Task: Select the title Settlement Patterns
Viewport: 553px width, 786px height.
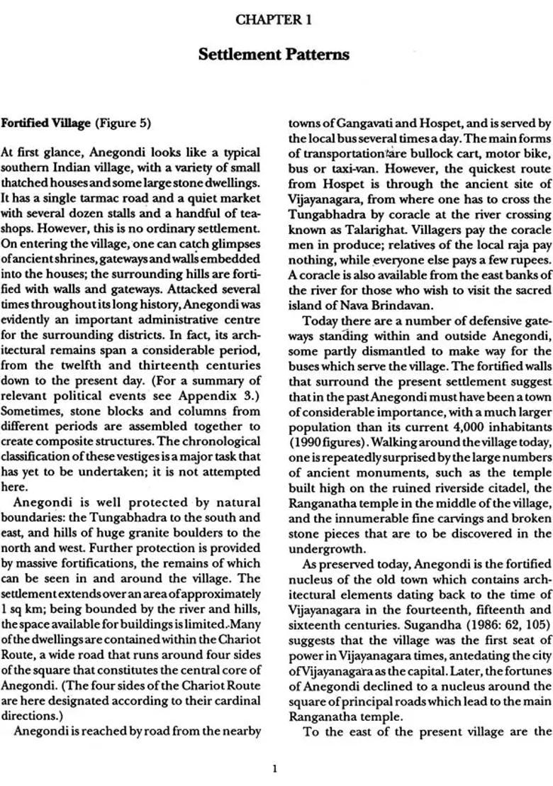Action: [274, 55]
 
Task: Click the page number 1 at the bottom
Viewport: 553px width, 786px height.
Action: [274, 768]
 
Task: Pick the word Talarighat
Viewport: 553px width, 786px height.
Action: [349, 232]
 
